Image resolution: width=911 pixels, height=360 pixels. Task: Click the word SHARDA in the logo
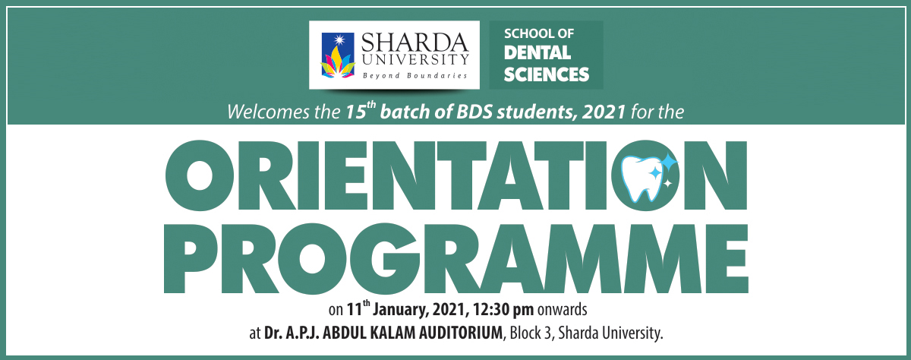tap(415, 40)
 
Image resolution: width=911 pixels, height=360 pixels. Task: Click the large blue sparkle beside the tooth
tap(668, 162)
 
